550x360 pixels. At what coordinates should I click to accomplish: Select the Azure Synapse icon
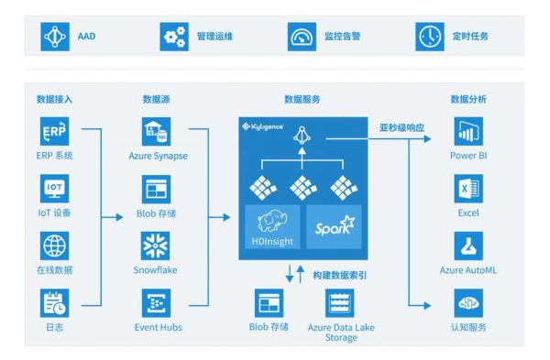coord(153,131)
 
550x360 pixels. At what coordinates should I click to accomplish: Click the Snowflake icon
coord(153,245)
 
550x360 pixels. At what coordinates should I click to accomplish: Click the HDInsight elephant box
coord(272,225)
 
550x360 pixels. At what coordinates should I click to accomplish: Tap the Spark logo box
coord(330,225)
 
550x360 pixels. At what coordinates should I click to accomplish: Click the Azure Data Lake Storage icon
coord(340,303)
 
